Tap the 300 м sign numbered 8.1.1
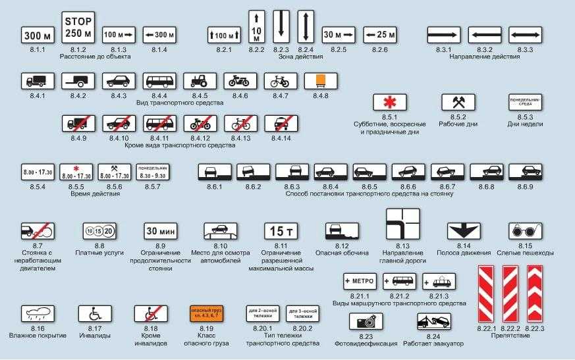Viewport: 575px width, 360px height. (x=38, y=36)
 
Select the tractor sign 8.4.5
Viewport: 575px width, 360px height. (x=200, y=81)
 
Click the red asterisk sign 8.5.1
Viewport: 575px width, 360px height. (x=390, y=102)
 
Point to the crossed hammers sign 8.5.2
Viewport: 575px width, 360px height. (x=458, y=102)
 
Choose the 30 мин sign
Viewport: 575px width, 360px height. (x=160, y=231)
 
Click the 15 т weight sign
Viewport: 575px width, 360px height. (x=281, y=231)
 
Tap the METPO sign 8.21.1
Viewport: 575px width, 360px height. (x=359, y=281)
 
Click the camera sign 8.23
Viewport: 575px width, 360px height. (x=364, y=322)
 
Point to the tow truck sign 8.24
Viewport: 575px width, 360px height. (x=434, y=322)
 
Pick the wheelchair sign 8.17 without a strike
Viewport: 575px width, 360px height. (x=94, y=313)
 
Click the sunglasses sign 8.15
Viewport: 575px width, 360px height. (x=525, y=231)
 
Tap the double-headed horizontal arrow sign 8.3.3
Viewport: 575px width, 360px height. (x=525, y=36)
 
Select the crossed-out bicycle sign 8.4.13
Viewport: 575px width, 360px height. (x=240, y=123)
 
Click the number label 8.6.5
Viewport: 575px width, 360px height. (x=370, y=187)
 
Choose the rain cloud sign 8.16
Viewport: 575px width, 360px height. (x=38, y=313)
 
